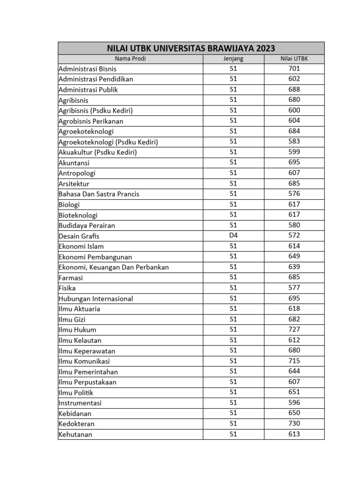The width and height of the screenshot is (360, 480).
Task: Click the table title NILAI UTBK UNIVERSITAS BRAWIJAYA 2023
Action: [191, 48]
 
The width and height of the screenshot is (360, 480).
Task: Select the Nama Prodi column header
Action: [130, 59]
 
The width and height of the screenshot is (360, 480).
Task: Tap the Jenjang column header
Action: [233, 59]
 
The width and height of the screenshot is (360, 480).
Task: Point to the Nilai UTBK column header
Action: [294, 59]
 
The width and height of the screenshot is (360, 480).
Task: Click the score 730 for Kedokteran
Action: [294, 424]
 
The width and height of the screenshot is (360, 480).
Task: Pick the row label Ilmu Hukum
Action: [77, 330]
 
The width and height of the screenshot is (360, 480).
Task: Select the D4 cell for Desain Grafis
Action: [233, 236]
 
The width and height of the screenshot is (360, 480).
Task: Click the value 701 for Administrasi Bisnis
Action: [294, 68]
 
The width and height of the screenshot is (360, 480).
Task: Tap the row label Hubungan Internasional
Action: [96, 299]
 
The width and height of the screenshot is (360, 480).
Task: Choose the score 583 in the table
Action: [294, 142]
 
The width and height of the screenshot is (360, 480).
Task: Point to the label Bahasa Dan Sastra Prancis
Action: [99, 194]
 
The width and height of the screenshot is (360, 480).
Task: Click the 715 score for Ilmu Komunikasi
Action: [294, 361]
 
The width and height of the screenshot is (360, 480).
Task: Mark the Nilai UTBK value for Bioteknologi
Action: [294, 215]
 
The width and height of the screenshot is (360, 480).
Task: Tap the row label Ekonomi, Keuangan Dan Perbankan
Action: [113, 267]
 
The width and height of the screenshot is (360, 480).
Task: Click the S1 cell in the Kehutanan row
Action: [233, 434]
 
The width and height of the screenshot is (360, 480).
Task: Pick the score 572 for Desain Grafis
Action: [294, 236]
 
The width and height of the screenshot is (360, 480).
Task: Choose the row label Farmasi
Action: [71, 277]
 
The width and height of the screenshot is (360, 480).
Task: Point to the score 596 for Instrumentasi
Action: [294, 403]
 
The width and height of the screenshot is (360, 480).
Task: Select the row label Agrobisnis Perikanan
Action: [91, 121]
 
